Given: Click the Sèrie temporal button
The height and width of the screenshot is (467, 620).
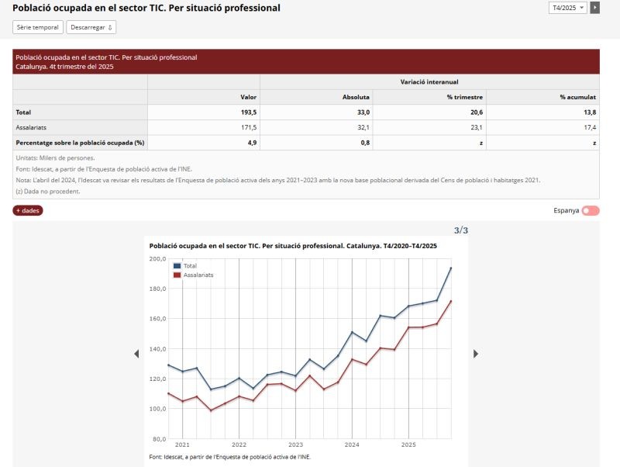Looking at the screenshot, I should click(x=37, y=27).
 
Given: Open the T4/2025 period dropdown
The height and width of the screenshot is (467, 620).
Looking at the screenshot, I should click(x=568, y=8).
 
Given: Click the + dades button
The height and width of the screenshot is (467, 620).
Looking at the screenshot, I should click(x=28, y=210).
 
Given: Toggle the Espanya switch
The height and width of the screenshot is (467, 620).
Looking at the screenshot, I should click(x=591, y=210).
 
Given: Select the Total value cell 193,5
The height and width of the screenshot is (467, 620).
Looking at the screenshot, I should click(x=248, y=112).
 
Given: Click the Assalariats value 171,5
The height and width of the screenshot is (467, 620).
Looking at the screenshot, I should click(x=248, y=127).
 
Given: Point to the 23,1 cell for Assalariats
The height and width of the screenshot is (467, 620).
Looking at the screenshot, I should click(x=475, y=127).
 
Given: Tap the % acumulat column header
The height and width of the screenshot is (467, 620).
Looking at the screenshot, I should click(x=577, y=97).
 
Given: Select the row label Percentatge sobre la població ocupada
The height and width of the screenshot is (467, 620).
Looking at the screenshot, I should click(x=81, y=143).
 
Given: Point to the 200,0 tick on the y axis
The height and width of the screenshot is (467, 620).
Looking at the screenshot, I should click(x=157, y=259).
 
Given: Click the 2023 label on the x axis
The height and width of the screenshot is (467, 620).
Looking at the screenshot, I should click(x=295, y=445).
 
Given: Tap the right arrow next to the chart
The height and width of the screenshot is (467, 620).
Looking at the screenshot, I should click(x=476, y=354).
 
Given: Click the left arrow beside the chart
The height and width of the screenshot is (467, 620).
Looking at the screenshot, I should click(x=137, y=354).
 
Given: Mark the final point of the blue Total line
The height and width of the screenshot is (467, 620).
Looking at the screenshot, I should click(x=451, y=268).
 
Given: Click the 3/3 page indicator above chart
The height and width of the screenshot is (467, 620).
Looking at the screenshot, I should click(x=460, y=230).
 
